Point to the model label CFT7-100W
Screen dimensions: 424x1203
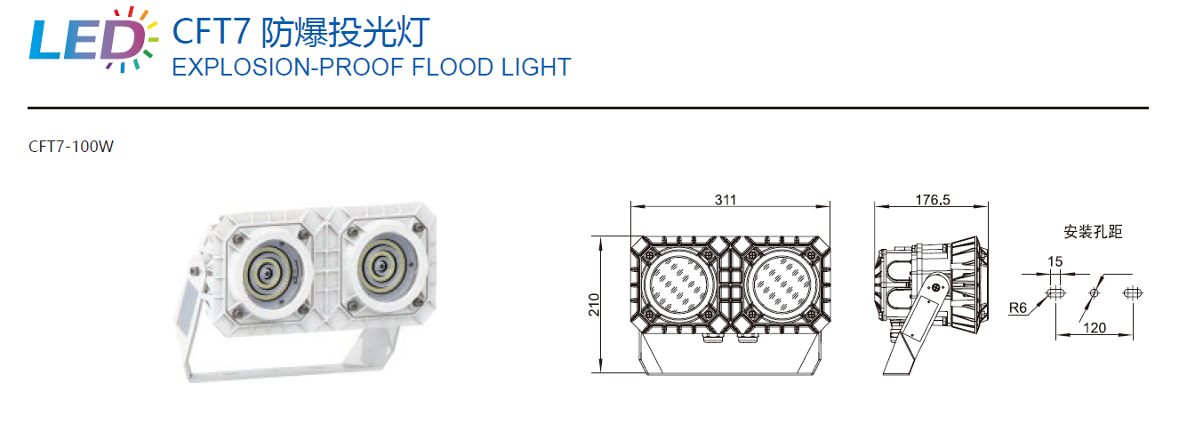(x=71, y=148)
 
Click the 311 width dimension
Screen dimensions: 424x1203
(x=726, y=201)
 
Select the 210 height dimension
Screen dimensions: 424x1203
(x=594, y=304)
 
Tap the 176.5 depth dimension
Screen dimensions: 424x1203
(x=932, y=201)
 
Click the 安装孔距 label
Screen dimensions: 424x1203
(x=1093, y=232)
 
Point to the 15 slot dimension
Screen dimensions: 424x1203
(x=1055, y=262)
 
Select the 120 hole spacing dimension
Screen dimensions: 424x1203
(x=1095, y=328)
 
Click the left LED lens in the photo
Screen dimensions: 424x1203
(x=268, y=271)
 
